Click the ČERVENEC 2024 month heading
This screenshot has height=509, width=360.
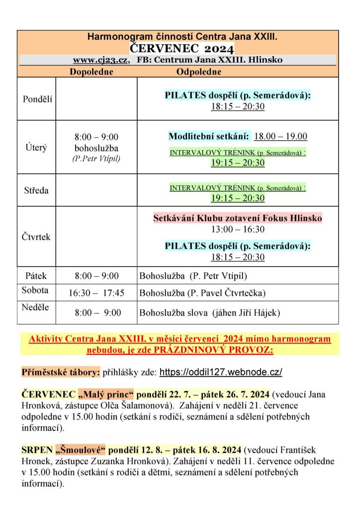[x=181, y=48]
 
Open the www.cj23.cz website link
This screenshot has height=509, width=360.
[x=101, y=60]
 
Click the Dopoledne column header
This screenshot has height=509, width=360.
[x=91, y=72]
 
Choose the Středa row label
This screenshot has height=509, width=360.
[x=37, y=190]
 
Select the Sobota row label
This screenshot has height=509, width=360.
[x=35, y=291]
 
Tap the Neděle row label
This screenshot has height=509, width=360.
[x=35, y=307]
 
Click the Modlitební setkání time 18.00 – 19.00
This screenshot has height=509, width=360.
[x=280, y=137]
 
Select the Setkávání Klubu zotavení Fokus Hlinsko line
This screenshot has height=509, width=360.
[x=237, y=218]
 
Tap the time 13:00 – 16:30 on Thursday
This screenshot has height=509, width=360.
[x=237, y=230]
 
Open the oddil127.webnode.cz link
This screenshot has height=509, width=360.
[x=228, y=372]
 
